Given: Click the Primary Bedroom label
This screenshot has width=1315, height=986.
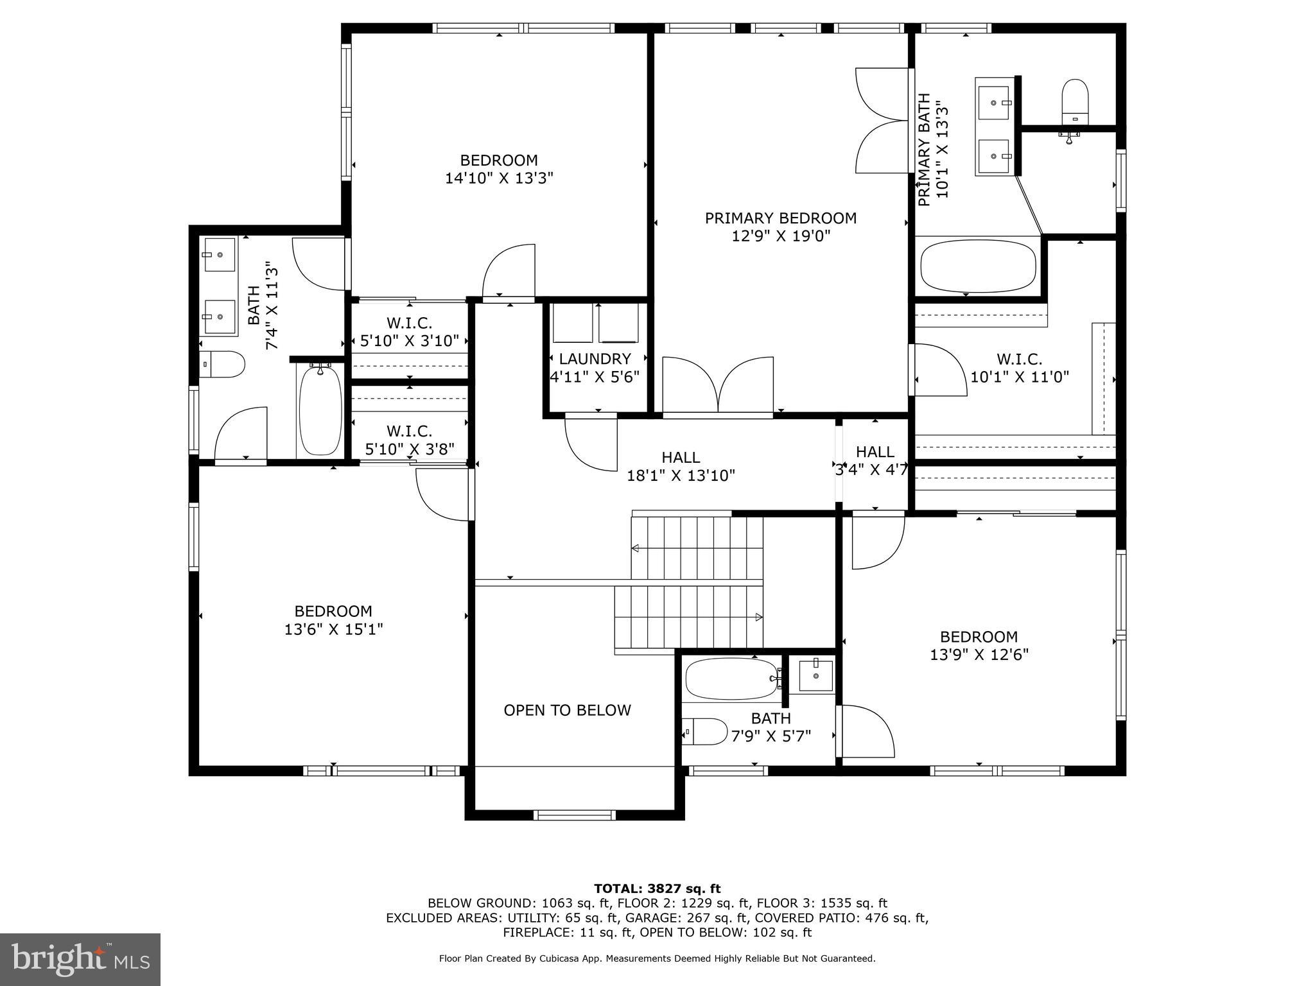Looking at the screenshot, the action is coord(781,218).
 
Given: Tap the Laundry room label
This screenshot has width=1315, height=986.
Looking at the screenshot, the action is coord(595,359).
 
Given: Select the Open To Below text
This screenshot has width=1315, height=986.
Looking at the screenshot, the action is coord(567,710).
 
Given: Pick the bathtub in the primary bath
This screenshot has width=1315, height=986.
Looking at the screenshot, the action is coord(978,266).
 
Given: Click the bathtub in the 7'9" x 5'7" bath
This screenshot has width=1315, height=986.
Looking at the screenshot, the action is coord(733,679).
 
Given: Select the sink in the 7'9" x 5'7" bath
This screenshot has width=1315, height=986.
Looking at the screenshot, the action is coord(815,676).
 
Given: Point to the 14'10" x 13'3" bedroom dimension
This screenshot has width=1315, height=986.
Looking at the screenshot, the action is coord(499,178).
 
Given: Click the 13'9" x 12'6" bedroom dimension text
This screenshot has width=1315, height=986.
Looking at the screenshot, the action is coord(979,655).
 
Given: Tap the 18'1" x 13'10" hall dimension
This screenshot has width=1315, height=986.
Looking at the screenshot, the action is coord(681,476).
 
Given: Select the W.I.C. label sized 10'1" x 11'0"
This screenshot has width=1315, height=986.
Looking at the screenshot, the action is coord(1019,359).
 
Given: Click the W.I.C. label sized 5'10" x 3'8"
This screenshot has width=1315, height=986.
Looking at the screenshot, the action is coord(409,431).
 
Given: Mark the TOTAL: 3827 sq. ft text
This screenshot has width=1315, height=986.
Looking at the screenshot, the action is coord(657,889).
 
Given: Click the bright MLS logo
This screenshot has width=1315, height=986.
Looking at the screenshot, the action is coord(80,959).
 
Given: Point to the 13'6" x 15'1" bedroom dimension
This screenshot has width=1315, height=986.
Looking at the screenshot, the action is coord(333,629).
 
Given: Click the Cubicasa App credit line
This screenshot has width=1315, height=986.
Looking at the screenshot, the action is coord(657,958).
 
